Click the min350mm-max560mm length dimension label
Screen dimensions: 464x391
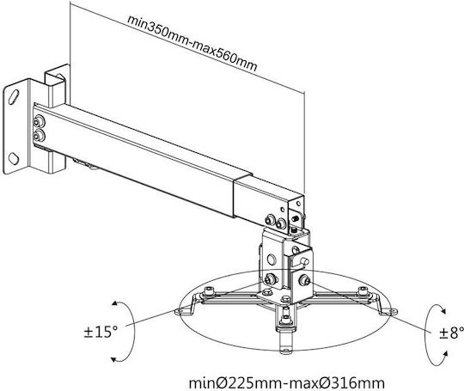point(192,43)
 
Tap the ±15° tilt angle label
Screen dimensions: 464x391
point(101,332)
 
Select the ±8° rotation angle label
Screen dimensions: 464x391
point(451,333)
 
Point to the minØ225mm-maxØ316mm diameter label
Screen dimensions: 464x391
point(287,383)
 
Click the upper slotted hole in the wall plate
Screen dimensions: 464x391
point(14,97)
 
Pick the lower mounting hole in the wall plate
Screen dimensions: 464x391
point(13,158)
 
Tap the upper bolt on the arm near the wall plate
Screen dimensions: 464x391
point(39,121)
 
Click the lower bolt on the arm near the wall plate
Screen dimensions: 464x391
point(39,136)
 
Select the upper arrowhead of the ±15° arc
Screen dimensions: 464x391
point(115,303)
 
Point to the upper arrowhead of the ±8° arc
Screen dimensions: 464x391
point(443,311)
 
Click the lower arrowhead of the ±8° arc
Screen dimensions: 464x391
point(445,354)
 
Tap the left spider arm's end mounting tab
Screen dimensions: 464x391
point(181,311)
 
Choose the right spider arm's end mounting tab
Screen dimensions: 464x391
point(389,311)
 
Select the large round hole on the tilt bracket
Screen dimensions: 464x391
point(272,260)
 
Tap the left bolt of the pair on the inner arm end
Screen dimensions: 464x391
point(270,220)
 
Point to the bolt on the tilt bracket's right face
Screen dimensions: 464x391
point(304,279)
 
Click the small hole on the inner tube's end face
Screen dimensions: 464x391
point(298,204)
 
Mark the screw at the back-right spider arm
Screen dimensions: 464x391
point(361,290)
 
